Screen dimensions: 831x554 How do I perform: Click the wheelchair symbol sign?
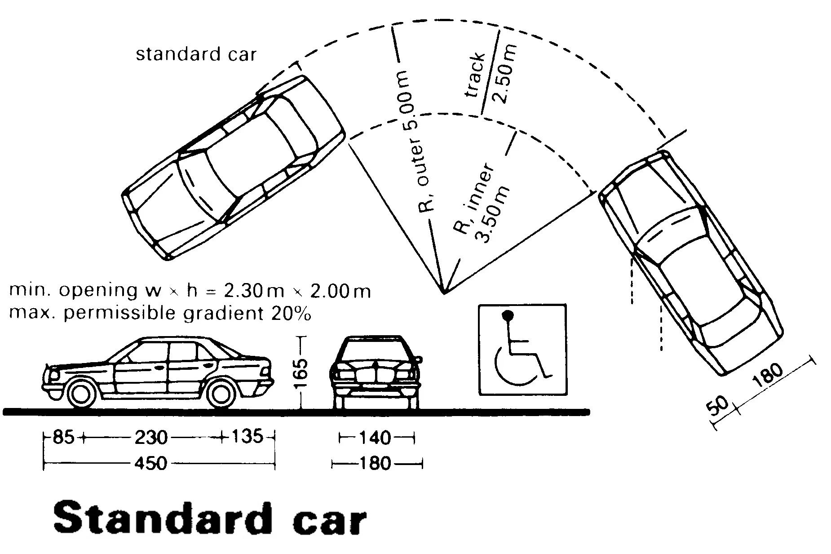[522, 350]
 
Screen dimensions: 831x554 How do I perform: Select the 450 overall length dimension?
[151, 463]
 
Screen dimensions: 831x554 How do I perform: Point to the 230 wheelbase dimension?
[151, 437]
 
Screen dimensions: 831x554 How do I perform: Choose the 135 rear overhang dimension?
[247, 436]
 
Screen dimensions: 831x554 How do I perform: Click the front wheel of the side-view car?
[82, 392]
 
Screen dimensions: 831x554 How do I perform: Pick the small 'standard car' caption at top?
[196, 54]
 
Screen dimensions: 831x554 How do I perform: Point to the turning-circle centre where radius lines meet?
[444, 293]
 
